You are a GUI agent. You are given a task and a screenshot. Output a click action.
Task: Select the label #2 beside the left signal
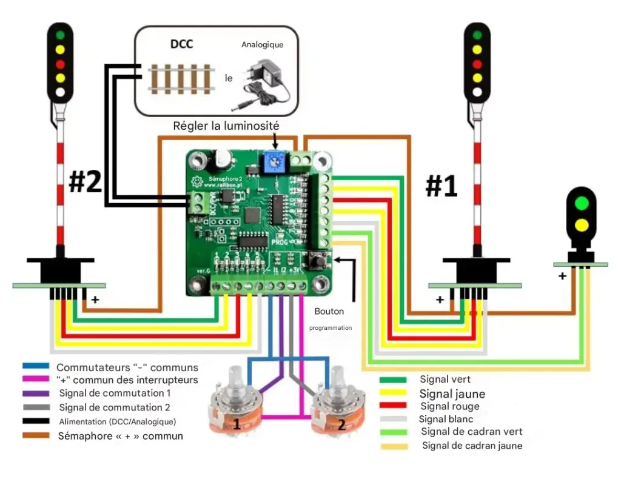(85, 182)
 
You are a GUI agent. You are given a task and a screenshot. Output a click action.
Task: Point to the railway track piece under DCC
(181, 78)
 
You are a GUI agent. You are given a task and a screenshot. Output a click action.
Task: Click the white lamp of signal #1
(477, 92)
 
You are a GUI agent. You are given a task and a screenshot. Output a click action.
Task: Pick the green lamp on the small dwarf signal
(582, 203)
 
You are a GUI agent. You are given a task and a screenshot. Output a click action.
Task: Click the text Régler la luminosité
(226, 126)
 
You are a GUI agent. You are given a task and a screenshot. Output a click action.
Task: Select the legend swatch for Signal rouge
(393, 406)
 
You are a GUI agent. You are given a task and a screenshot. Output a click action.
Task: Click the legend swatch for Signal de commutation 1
(36, 394)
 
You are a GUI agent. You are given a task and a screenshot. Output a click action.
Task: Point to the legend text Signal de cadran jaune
(472, 446)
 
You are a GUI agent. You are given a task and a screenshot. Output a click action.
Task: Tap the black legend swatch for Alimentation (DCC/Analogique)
(36, 421)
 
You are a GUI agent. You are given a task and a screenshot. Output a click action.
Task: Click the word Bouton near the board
(329, 311)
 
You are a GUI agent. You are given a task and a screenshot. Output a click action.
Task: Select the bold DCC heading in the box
(182, 44)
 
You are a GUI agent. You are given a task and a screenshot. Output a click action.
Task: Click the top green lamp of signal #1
(477, 35)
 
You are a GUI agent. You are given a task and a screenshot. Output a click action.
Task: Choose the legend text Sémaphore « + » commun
(120, 436)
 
